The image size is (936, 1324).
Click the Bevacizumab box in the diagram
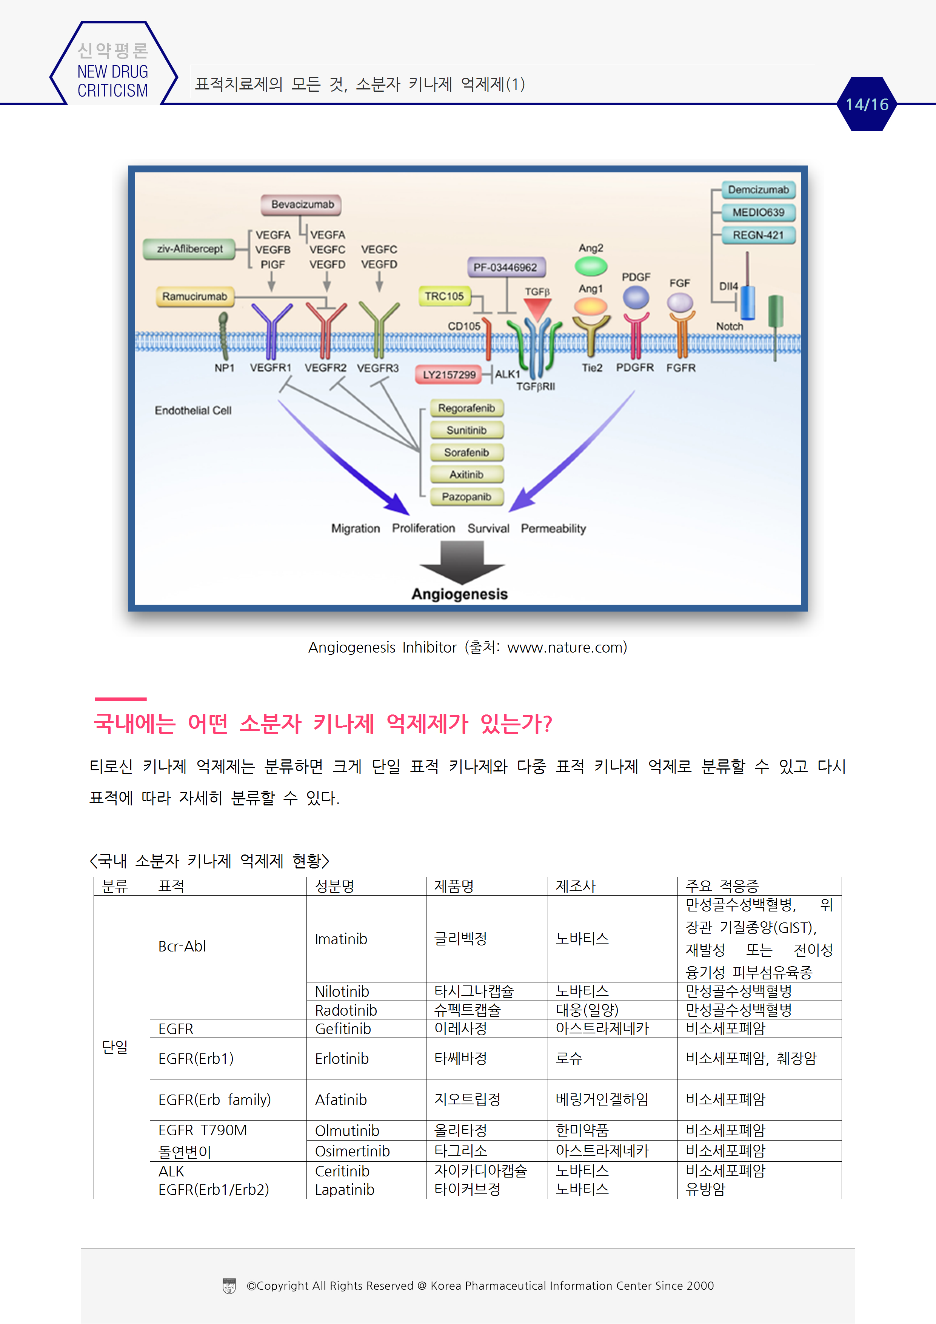click(x=301, y=205)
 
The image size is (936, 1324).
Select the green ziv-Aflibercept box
click(x=189, y=249)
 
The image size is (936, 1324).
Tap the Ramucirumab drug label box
click(x=194, y=296)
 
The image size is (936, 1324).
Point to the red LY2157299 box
click(x=449, y=375)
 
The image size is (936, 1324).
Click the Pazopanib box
click(x=466, y=497)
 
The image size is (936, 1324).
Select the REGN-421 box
click(x=758, y=235)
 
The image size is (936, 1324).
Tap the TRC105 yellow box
click(x=444, y=296)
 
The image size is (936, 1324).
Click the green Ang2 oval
click(x=591, y=266)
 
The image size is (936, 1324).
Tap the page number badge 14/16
click(x=867, y=105)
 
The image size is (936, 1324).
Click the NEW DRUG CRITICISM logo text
click(x=112, y=81)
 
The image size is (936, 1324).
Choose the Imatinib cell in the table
click(x=341, y=939)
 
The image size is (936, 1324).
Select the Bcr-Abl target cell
click(x=182, y=946)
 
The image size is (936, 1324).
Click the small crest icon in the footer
click(x=229, y=1286)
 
